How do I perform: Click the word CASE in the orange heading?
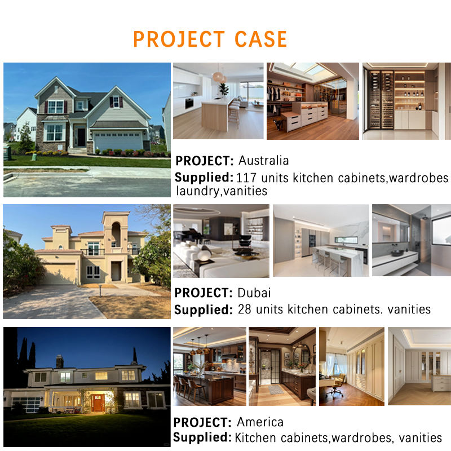tap(260, 39)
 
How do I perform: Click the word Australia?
tap(263, 161)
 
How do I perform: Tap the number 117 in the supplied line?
tap(246, 178)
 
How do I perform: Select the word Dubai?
tap(254, 293)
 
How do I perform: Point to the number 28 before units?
tap(245, 309)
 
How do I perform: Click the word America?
tap(260, 422)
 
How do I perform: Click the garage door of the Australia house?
tap(118, 141)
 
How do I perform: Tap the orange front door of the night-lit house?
tap(98, 403)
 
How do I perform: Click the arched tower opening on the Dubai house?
tap(116, 235)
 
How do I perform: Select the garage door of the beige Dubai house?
tap(60, 274)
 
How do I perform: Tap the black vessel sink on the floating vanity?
tap(397, 253)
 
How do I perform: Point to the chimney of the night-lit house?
tap(60, 361)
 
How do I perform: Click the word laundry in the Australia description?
tap(198, 191)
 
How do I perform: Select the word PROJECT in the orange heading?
tap(179, 39)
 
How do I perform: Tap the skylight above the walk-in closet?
tap(311, 69)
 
